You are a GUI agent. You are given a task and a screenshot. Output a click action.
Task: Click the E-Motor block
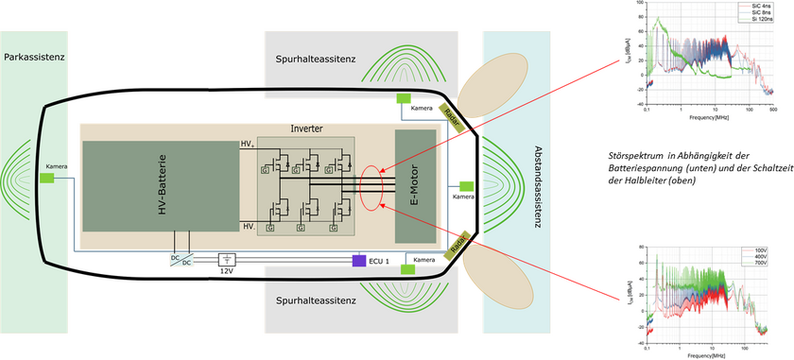tap(415, 183)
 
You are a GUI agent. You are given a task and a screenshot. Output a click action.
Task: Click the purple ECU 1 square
tap(358, 260)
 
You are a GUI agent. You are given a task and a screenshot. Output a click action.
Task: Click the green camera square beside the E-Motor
tap(466, 186)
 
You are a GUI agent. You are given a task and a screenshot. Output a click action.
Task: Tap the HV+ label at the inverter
tap(248, 143)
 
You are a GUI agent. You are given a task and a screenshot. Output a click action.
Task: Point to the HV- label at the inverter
tap(248, 227)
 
